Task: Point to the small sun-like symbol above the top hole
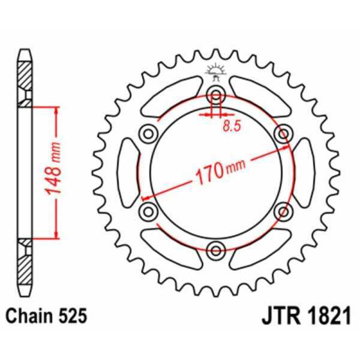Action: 216,71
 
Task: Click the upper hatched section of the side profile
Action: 23,78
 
